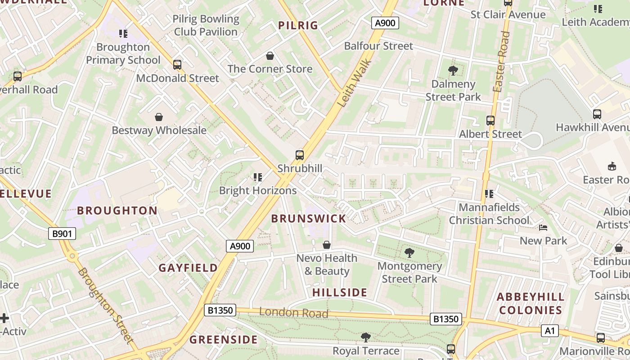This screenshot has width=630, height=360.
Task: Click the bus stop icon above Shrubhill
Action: pyautogui.click(x=300, y=155)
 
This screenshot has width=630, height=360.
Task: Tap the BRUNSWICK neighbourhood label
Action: pyautogui.click(x=309, y=219)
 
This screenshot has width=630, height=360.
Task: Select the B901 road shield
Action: pyautogui.click(x=62, y=234)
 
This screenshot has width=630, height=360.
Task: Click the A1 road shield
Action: pyautogui.click(x=549, y=331)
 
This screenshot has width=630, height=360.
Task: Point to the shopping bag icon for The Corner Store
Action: pyautogui.click(x=270, y=56)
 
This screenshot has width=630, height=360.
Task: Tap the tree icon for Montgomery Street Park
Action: pyautogui.click(x=409, y=253)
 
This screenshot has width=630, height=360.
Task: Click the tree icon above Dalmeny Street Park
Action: pyautogui.click(x=453, y=71)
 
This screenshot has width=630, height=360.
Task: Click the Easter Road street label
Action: pyautogui.click(x=501, y=62)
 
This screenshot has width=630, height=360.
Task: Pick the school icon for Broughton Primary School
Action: pyautogui.click(x=123, y=34)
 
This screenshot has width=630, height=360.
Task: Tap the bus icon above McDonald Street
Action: pyautogui.click(x=177, y=65)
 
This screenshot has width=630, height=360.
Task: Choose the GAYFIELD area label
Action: pyautogui.click(x=188, y=268)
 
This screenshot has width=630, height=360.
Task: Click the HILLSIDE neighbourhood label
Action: pyautogui.click(x=340, y=292)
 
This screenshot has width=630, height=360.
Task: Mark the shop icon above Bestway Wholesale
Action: pyautogui.click(x=159, y=117)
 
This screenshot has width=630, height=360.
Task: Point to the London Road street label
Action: pyautogui.click(x=293, y=312)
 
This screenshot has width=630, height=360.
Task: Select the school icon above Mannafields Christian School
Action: pyautogui.click(x=489, y=194)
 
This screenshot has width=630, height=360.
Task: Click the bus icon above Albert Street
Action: pyautogui.click(x=490, y=121)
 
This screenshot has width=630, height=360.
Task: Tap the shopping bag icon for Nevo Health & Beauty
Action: pyautogui.click(x=327, y=245)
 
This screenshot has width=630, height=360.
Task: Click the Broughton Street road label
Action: pyautogui.click(x=106, y=306)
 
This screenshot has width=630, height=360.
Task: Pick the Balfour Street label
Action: pyautogui.click(x=378, y=46)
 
